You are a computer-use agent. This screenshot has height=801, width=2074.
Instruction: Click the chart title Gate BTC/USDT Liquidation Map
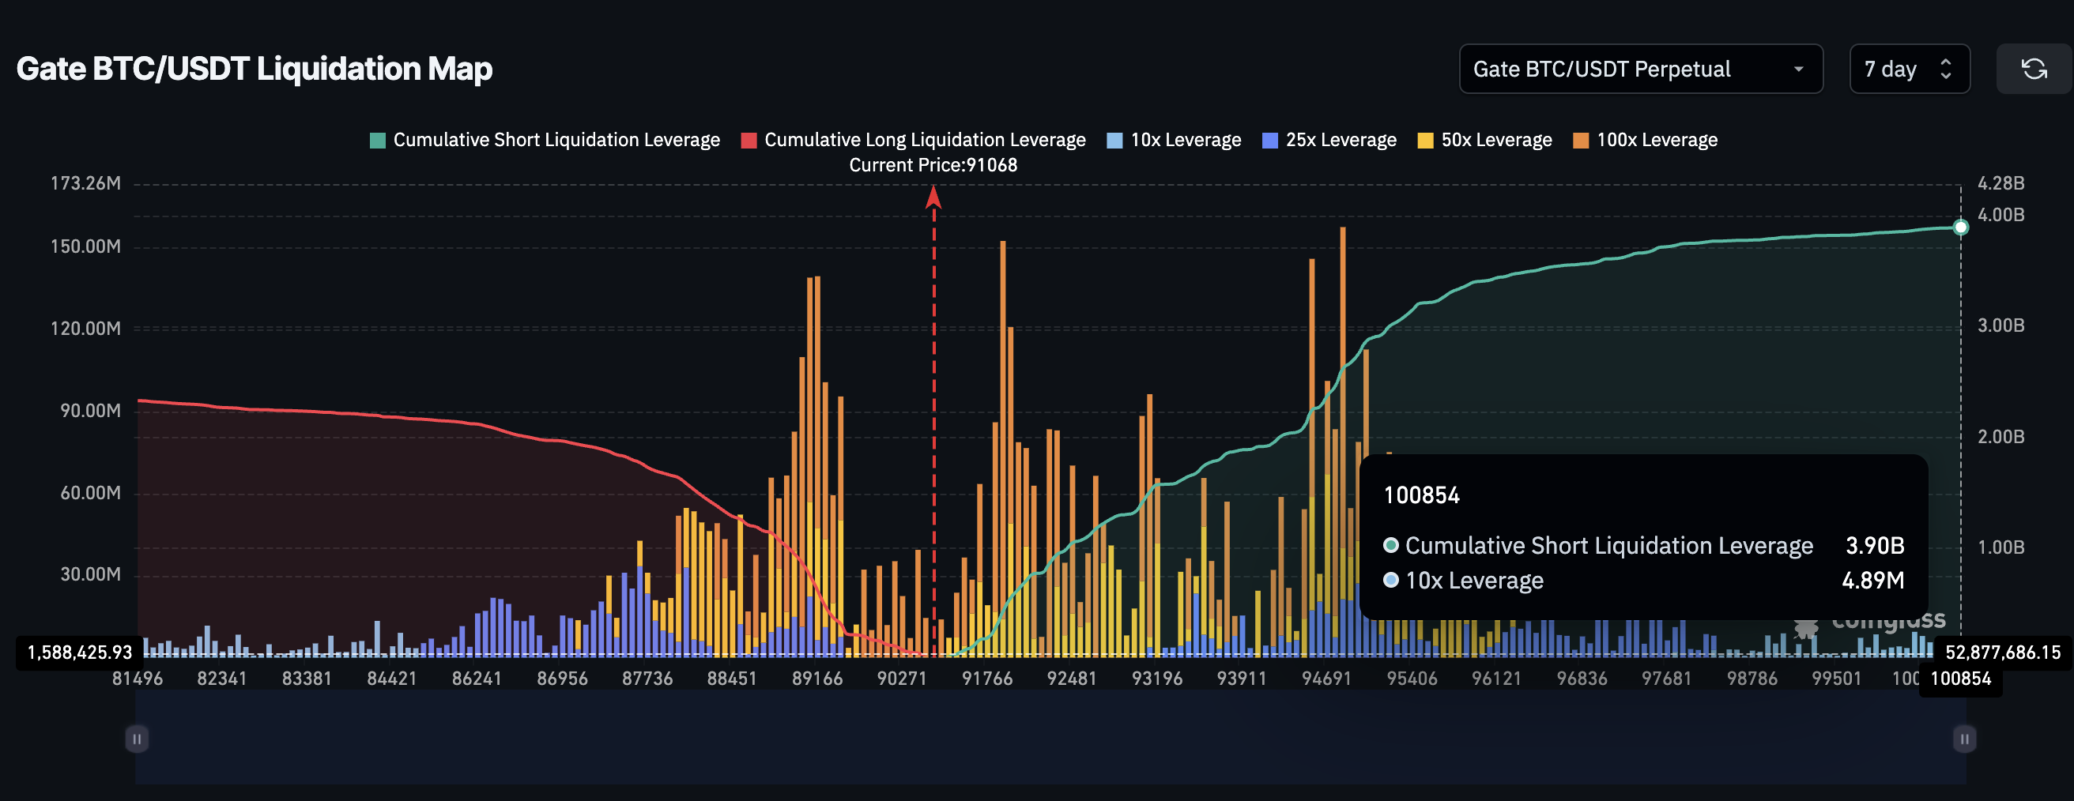(255, 69)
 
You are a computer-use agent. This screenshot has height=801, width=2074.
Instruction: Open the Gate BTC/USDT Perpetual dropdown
(1640, 70)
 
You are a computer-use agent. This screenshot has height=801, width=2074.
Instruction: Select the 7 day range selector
(1908, 70)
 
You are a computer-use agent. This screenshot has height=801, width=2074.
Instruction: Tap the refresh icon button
(2033, 70)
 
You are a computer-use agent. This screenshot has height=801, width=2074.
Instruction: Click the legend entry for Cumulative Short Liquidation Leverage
(545, 140)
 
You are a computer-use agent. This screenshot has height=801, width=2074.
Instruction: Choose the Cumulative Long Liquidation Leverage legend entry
(913, 140)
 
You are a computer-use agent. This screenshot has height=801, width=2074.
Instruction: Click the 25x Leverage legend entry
(1329, 140)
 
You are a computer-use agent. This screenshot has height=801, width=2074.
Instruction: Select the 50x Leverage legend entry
(1484, 140)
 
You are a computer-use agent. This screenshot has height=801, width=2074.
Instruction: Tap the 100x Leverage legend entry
(1645, 140)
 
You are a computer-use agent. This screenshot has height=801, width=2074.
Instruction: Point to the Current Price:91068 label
(933, 165)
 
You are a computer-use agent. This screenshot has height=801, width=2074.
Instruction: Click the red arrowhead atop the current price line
(933, 196)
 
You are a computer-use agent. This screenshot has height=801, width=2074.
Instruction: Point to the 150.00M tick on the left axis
(86, 246)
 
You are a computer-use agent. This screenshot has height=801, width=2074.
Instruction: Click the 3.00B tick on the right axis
(2000, 325)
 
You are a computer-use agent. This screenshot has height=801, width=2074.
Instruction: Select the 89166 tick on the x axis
(817, 679)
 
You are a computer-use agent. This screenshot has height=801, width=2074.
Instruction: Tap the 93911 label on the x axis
(1242, 679)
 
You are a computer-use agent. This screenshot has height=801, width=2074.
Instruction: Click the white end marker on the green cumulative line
(1960, 227)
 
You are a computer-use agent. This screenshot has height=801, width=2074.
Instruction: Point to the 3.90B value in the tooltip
(1874, 546)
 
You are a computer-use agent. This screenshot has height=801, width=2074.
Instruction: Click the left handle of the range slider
(137, 739)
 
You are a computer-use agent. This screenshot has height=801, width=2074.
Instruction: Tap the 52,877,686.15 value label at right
(2002, 652)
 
